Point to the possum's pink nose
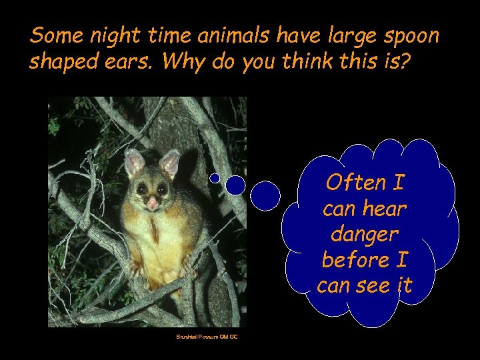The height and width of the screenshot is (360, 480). click(153, 201)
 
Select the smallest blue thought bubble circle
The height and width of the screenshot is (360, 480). click(215, 178)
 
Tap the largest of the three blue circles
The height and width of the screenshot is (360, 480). click(266, 196)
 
